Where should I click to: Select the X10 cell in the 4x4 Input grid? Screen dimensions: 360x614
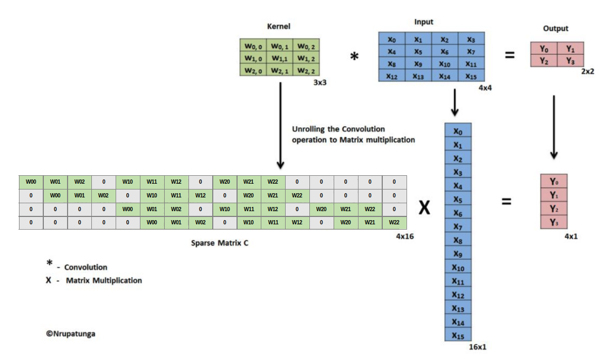(x=445, y=64)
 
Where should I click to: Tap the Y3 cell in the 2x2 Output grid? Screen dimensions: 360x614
(x=570, y=61)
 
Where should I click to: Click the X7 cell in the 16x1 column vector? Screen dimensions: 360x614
(x=458, y=226)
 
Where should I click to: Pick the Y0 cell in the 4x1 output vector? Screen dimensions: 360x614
(x=554, y=181)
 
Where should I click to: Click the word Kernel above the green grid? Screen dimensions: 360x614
(x=279, y=26)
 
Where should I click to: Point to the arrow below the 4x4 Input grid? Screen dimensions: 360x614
(x=455, y=103)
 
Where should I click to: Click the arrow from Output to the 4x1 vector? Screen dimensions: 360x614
(x=554, y=127)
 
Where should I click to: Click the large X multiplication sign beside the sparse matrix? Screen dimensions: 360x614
(x=424, y=209)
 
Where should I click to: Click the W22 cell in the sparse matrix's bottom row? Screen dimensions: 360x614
(x=394, y=223)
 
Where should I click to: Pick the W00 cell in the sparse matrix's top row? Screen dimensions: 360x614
(x=31, y=182)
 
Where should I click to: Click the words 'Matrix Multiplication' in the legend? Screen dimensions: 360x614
(x=104, y=280)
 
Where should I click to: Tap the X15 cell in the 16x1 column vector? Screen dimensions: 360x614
(x=458, y=335)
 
